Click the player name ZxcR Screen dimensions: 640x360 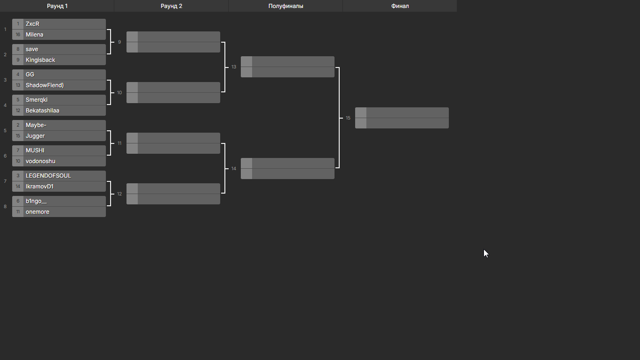[x=32, y=24]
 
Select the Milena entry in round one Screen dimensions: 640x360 [x=35, y=35]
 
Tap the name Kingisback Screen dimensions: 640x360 [x=40, y=60]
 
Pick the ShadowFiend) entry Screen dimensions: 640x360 [x=45, y=85]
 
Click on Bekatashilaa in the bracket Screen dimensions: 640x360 [x=42, y=111]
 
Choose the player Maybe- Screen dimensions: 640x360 [x=36, y=125]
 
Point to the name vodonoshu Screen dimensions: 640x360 [x=40, y=161]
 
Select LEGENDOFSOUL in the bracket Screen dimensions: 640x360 [x=48, y=176]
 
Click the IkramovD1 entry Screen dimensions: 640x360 [x=39, y=187]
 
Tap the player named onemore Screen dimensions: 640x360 [x=37, y=212]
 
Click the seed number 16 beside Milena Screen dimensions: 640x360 [x=18, y=35]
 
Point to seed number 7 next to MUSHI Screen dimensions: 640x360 [x=18, y=150]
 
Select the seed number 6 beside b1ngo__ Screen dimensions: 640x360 [x=18, y=201]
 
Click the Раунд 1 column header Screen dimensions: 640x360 [x=57, y=6]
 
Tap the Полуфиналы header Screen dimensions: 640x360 [x=286, y=6]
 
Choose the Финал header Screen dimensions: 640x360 [x=400, y=6]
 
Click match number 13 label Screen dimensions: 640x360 [x=234, y=67]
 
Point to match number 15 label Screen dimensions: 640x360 [x=348, y=118]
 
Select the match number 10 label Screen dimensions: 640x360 [x=119, y=93]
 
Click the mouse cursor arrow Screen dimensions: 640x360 [x=486, y=254]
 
